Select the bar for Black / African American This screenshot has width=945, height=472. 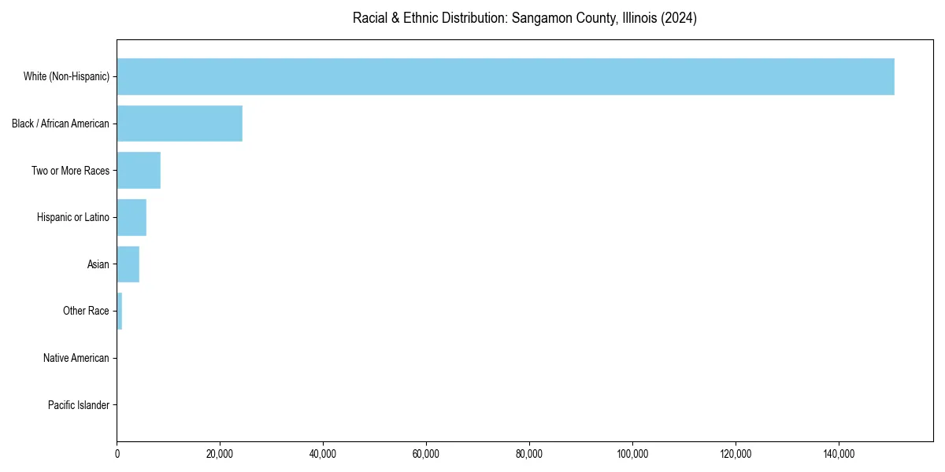(180, 124)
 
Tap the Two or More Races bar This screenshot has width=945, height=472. (139, 171)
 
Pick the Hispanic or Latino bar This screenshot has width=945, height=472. (132, 217)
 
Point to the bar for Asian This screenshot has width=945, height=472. (128, 264)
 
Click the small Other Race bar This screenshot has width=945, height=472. (120, 312)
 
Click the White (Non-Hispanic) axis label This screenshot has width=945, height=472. (66, 76)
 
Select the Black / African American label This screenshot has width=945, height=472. (61, 124)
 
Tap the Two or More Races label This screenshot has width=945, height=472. (70, 171)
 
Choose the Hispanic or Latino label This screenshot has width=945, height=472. (73, 217)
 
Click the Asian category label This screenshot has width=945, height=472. (98, 264)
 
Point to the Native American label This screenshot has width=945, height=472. (76, 358)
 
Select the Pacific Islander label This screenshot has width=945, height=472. (78, 405)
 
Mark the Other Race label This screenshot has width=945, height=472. (86, 312)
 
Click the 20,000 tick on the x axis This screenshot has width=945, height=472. (220, 454)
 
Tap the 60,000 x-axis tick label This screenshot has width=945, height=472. (426, 454)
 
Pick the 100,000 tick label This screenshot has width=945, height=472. (632, 454)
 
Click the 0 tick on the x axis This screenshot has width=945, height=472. (117, 454)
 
